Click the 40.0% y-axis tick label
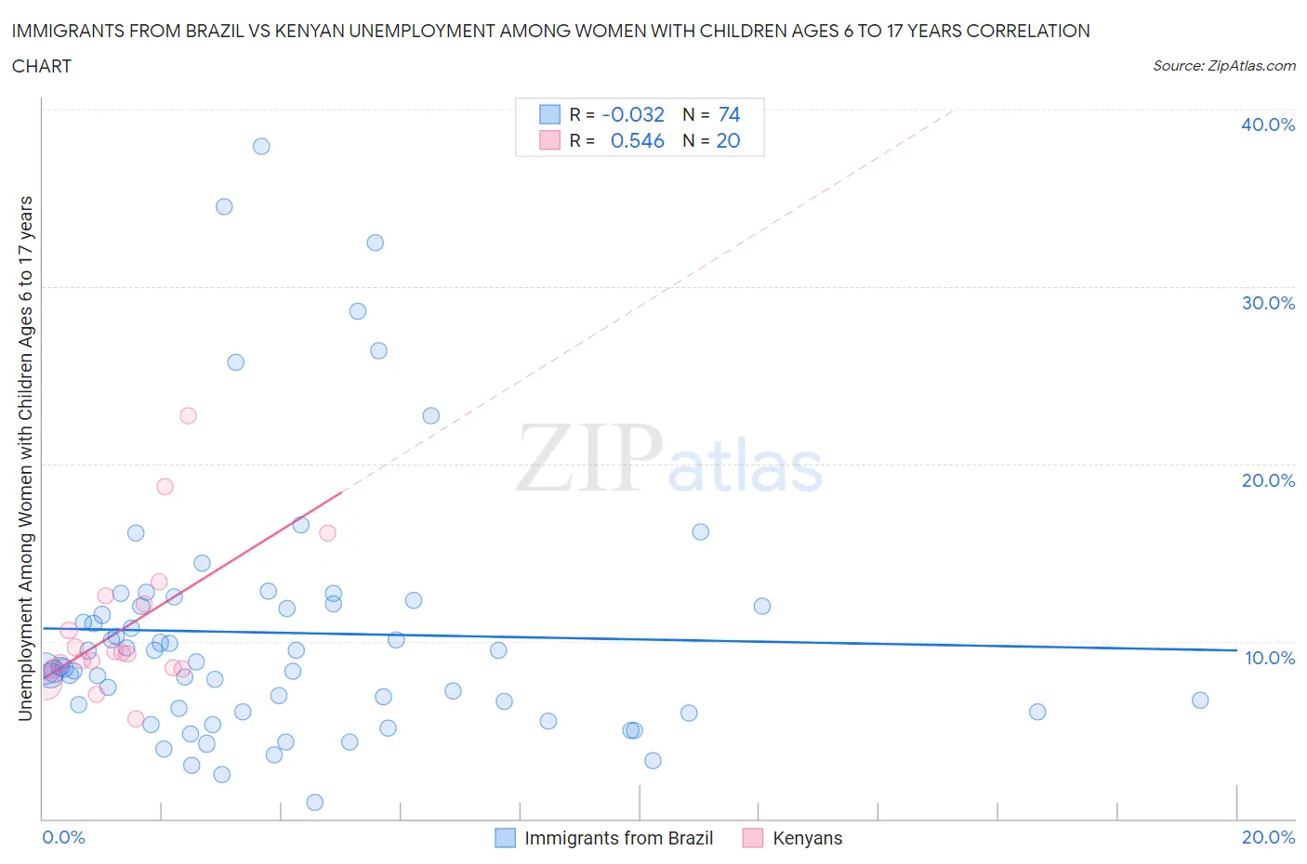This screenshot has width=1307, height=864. pos(1268,124)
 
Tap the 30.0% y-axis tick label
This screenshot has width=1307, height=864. pos(1268,303)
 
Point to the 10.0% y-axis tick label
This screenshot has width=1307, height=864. pos(1269,658)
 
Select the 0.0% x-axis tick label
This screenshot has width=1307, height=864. pos(63,837)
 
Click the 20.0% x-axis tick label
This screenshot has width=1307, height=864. pos(1268,837)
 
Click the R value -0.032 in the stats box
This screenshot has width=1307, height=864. pos(633,114)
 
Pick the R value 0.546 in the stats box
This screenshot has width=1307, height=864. pos(637,140)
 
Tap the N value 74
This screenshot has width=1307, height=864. pos(729,114)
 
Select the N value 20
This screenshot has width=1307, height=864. pos(728,140)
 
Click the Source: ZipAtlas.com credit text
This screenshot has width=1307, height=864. pos(1223,66)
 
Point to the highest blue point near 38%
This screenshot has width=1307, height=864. pos(261,146)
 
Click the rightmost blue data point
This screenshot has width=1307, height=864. pos(1200,700)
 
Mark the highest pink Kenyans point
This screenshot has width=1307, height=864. pos(188,415)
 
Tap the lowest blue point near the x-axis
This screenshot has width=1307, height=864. pos(315,803)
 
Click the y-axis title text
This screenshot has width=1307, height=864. pos(25,459)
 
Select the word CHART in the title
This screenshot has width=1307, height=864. pos(42,66)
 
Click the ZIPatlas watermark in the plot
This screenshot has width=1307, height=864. pos(669,459)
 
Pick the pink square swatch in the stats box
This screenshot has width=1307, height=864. pos(549,140)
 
